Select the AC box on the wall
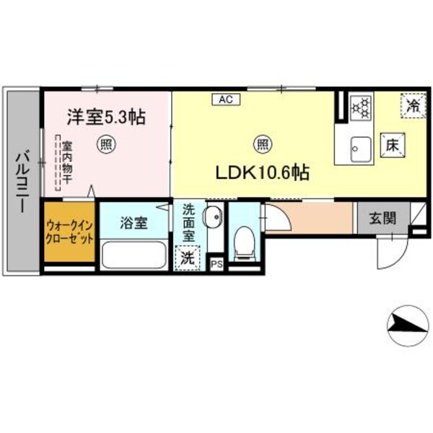tap(222, 100)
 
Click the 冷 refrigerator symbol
tap(412, 106)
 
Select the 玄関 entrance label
tap(382, 218)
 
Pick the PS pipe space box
tap(216, 263)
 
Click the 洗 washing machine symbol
tap(187, 257)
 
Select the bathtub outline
tap(134, 254)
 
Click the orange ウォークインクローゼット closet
tap(69, 232)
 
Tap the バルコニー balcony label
tap(22, 180)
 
